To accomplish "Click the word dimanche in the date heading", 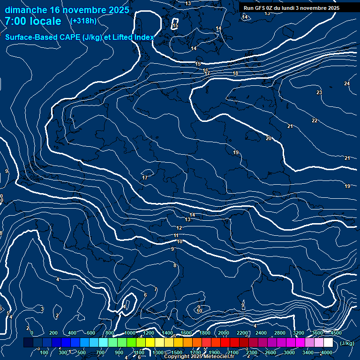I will (x=26, y=10).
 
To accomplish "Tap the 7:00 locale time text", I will (x=33, y=21).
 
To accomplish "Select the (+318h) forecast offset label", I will (x=83, y=21).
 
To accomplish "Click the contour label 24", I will (x=347, y=83).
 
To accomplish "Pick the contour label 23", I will (x=319, y=92).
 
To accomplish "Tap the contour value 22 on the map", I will (x=315, y=120).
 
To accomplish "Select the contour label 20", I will (x=269, y=138).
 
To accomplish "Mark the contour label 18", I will (x=235, y=73).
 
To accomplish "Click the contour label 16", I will (x=205, y=70).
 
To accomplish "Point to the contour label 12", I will (x=179, y=228).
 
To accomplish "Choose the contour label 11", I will (x=176, y=235).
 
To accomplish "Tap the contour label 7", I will (x=156, y=289).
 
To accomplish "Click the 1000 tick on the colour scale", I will (x=130, y=333).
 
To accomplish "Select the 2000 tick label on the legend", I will (x=224, y=333).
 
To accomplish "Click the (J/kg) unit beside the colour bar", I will (x=347, y=343).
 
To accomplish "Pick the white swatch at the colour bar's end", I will (x=328, y=343).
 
